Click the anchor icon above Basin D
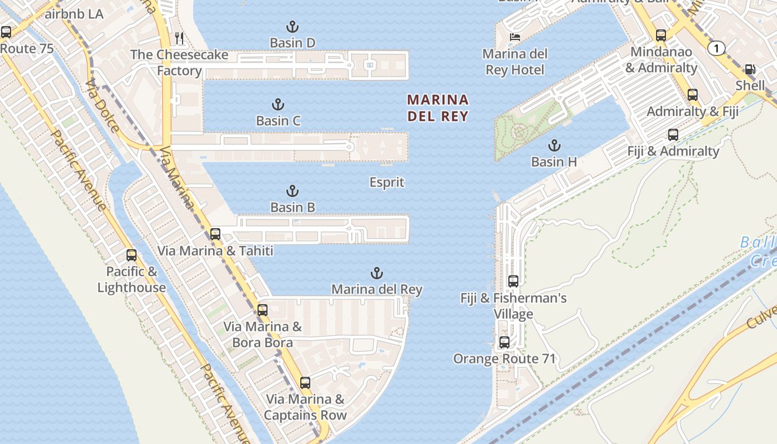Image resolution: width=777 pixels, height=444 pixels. coord(292,27)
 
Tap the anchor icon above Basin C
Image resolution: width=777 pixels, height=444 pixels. coord(277,104)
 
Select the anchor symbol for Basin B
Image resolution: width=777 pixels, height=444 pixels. coord(292,191)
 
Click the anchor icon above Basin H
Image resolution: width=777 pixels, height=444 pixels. coord(553,146)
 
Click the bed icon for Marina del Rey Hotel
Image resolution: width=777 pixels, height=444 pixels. coord(515,37)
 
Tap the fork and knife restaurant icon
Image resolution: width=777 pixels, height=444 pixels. coord(179,38)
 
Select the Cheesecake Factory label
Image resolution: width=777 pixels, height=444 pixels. coord(179,63)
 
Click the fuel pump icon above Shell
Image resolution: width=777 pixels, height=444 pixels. coord(750,69)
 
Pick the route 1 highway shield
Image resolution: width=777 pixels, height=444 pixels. coord(717,49)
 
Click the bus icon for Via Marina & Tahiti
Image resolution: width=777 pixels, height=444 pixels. coord(215,234)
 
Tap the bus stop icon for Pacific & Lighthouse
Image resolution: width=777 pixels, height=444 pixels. coord(131,255)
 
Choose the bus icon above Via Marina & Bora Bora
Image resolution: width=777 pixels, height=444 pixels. coord(263,310)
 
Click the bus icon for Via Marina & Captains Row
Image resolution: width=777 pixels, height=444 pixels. coord(305,383)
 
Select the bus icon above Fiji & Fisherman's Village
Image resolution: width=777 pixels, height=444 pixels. coord(513,281)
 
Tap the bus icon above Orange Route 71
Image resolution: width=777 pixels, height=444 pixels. coord(504,342)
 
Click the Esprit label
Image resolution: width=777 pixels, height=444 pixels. coord(387,183)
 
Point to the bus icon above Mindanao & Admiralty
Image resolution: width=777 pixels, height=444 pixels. coord(661,36)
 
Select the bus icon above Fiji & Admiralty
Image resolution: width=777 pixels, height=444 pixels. coord(673,135)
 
